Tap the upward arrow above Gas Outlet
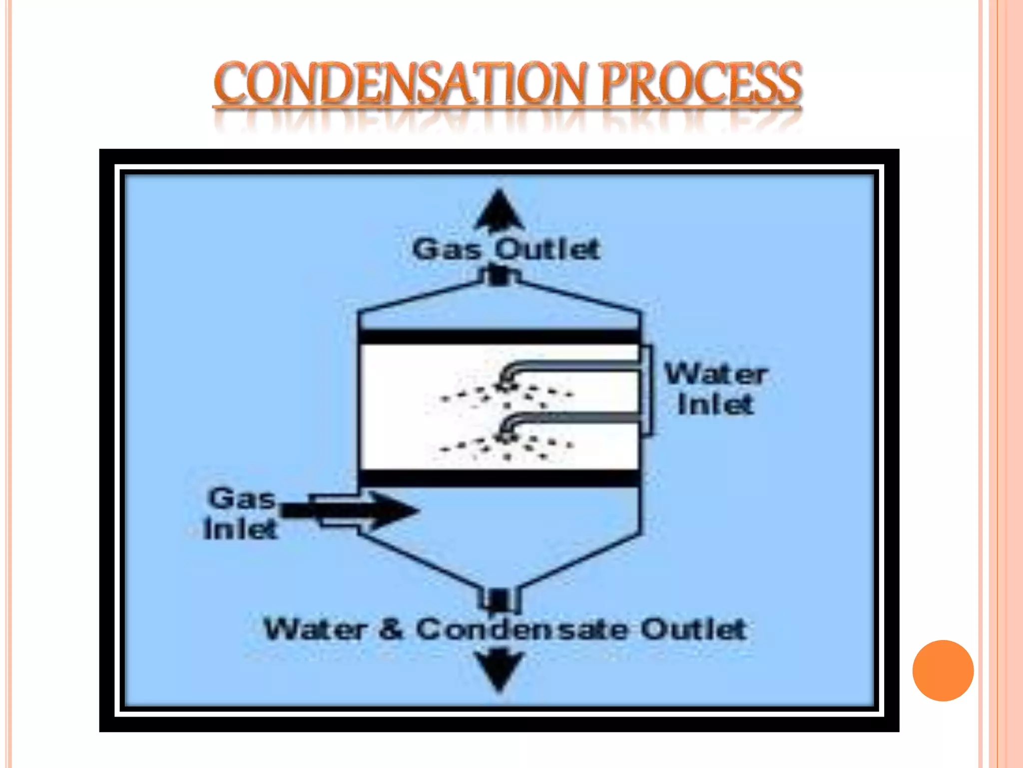pyautogui.click(x=499, y=210)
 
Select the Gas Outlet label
pyautogui.click(x=506, y=249)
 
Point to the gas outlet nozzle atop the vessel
pyautogui.click(x=499, y=276)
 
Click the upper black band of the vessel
pyautogui.click(x=499, y=336)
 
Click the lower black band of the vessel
pyautogui.click(x=499, y=478)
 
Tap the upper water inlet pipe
pyautogui.click(x=574, y=366)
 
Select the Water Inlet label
pyautogui.click(x=716, y=389)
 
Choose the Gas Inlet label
pyautogui.click(x=241, y=513)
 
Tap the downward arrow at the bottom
pyautogui.click(x=499, y=670)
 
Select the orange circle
pyautogui.click(x=943, y=670)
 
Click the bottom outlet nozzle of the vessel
pyautogui.click(x=499, y=600)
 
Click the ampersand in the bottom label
pyautogui.click(x=391, y=629)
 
